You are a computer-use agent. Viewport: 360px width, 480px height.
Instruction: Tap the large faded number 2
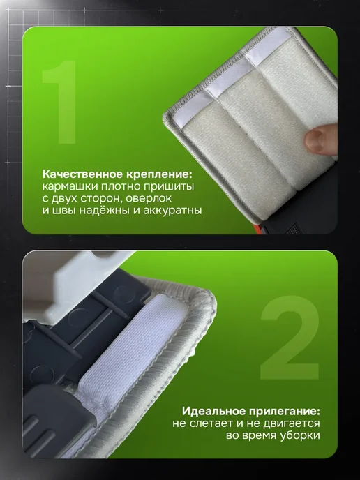tap(290, 337)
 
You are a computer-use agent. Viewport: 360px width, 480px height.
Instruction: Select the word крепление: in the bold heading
tap(158, 174)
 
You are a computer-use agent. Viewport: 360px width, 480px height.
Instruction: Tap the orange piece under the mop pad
tap(257, 230)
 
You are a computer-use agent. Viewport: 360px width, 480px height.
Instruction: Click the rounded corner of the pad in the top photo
tap(167, 117)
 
